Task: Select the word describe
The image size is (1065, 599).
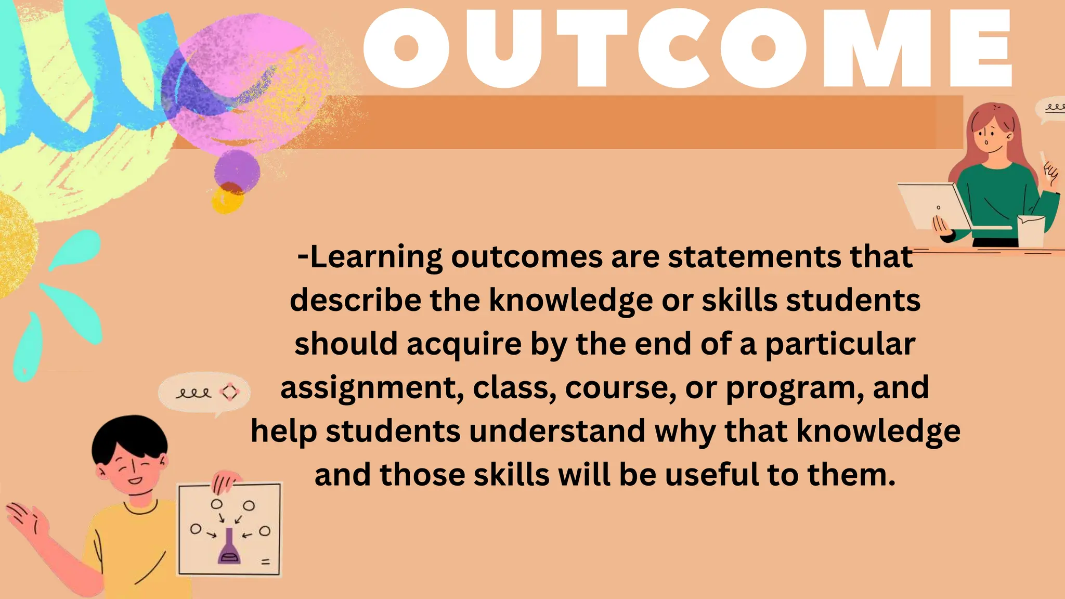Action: click(356, 301)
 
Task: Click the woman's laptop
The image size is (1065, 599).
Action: click(933, 206)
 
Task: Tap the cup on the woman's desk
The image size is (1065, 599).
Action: click(1031, 231)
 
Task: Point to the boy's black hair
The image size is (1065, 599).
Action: click(129, 437)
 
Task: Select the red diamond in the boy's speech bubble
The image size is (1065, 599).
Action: click(229, 392)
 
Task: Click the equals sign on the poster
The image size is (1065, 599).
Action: click(266, 562)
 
